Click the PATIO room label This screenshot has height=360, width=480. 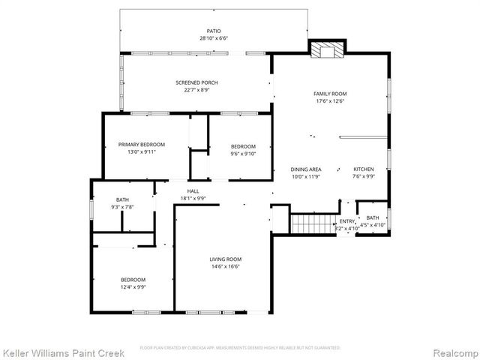pos(213,31)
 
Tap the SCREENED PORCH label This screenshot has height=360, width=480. pos(192,82)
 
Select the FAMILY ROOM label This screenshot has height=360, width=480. pos(330,94)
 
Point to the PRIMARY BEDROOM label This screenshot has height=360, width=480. pos(141,145)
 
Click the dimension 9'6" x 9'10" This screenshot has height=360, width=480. pos(243,154)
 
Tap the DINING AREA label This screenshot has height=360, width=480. pos(306,169)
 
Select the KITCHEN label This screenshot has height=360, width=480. pos(364,169)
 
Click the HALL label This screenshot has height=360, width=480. pos(193,191)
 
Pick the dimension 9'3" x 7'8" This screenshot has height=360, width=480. pos(122,207)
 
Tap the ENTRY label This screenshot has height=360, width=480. pos(346,221)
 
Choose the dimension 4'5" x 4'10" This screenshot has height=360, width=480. pos(373,225)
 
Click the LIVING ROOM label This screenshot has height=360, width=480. pos(225,259)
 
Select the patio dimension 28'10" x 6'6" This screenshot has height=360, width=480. pos(213,38)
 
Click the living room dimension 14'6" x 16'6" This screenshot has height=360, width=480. pos(225,267)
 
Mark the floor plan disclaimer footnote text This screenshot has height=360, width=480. pos(240,347)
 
